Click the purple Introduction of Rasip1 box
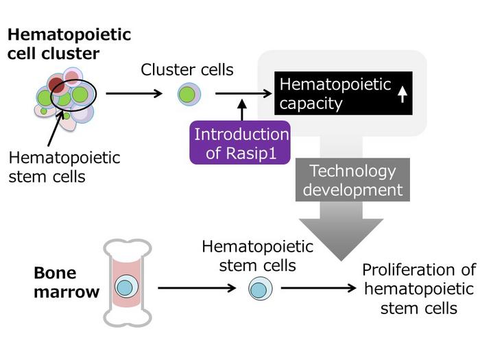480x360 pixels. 239,143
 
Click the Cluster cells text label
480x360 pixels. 187,69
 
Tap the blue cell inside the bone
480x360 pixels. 124,287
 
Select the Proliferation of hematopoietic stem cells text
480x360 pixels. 418,288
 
